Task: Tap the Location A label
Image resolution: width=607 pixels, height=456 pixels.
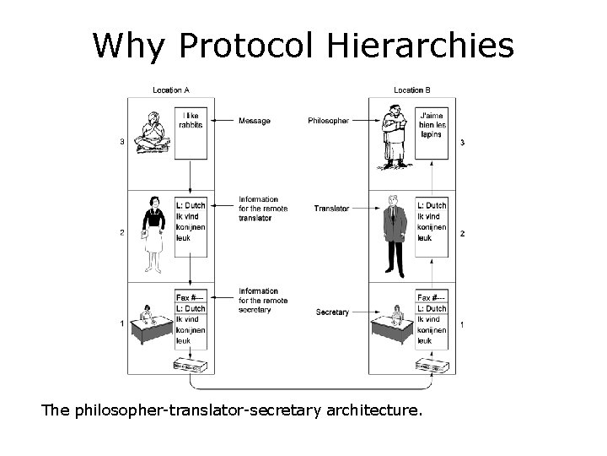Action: [170, 90]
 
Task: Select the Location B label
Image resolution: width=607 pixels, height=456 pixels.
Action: [412, 90]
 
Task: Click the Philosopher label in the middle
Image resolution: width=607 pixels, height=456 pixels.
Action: [328, 121]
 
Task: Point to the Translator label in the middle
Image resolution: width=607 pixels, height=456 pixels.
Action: [331, 208]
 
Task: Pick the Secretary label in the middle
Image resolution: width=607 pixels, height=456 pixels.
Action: [332, 312]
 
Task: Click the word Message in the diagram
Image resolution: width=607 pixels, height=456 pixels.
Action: [255, 121]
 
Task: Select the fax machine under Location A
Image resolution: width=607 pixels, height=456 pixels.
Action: [191, 366]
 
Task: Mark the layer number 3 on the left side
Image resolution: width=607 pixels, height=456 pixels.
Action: [122, 142]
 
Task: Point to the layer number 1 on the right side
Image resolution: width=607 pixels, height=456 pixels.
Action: [462, 325]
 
